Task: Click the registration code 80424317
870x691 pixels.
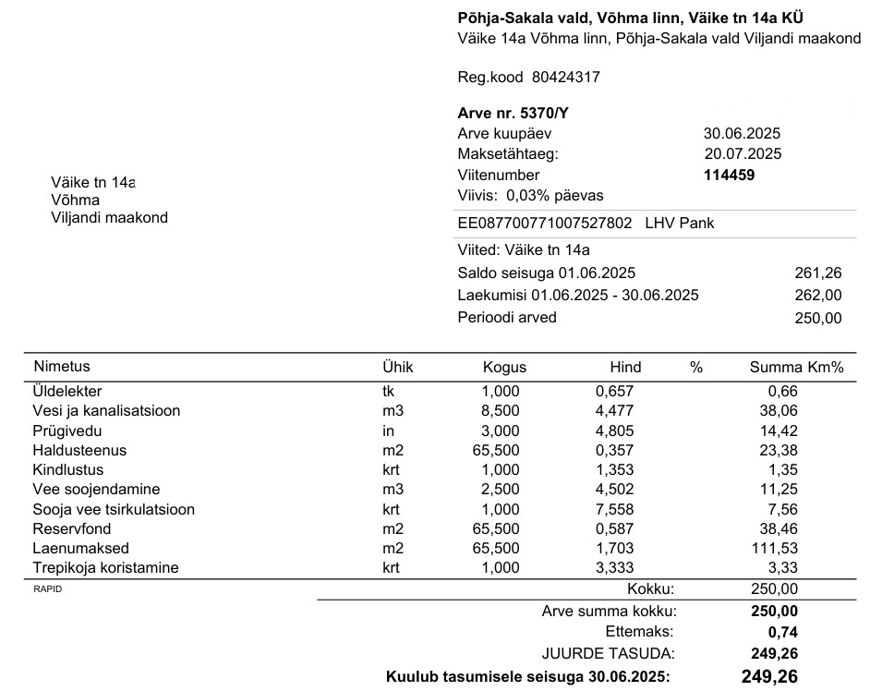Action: coord(566,78)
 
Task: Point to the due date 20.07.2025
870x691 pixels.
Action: coord(743,154)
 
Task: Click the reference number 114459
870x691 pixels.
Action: coord(730,175)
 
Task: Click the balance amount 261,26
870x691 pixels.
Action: coord(818,273)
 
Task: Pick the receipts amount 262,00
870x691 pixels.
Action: coord(818,296)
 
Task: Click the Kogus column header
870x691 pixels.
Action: coord(504,368)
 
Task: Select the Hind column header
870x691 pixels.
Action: coord(625,368)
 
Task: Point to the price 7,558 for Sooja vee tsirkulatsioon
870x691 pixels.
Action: coord(615,509)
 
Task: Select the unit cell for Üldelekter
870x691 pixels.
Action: coord(389,392)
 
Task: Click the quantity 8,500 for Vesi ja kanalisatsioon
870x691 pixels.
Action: coord(501,411)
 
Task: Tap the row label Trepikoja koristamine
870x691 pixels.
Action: coord(105,568)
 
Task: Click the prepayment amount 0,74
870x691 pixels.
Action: coord(782,633)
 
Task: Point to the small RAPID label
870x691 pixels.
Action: coord(47,588)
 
